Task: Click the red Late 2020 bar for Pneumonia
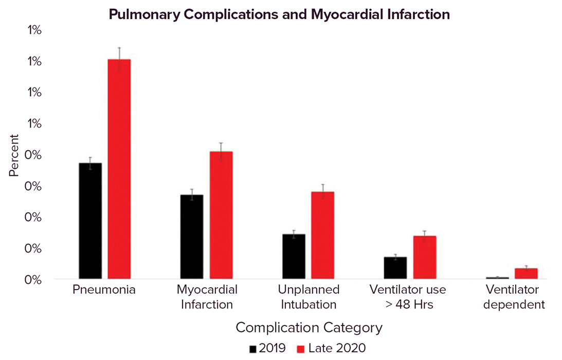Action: [x=119, y=170]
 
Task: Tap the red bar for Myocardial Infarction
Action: [x=221, y=215]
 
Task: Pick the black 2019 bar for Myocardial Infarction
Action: [x=192, y=237]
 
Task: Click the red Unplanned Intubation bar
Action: [x=322, y=236]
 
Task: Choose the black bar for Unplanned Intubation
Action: [x=294, y=257]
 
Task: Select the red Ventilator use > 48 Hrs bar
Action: [x=425, y=258]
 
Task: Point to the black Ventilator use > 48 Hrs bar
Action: [x=395, y=268]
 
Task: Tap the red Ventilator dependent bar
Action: [x=526, y=274]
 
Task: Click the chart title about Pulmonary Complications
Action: [x=280, y=15]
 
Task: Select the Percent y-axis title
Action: [x=14, y=155]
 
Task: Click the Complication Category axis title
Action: [x=309, y=328]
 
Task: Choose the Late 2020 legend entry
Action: [x=332, y=348]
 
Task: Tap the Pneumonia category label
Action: [x=104, y=290]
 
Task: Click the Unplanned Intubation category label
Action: [x=309, y=297]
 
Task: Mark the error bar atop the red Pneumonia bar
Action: [x=119, y=53]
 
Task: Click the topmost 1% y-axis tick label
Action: [x=34, y=30]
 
